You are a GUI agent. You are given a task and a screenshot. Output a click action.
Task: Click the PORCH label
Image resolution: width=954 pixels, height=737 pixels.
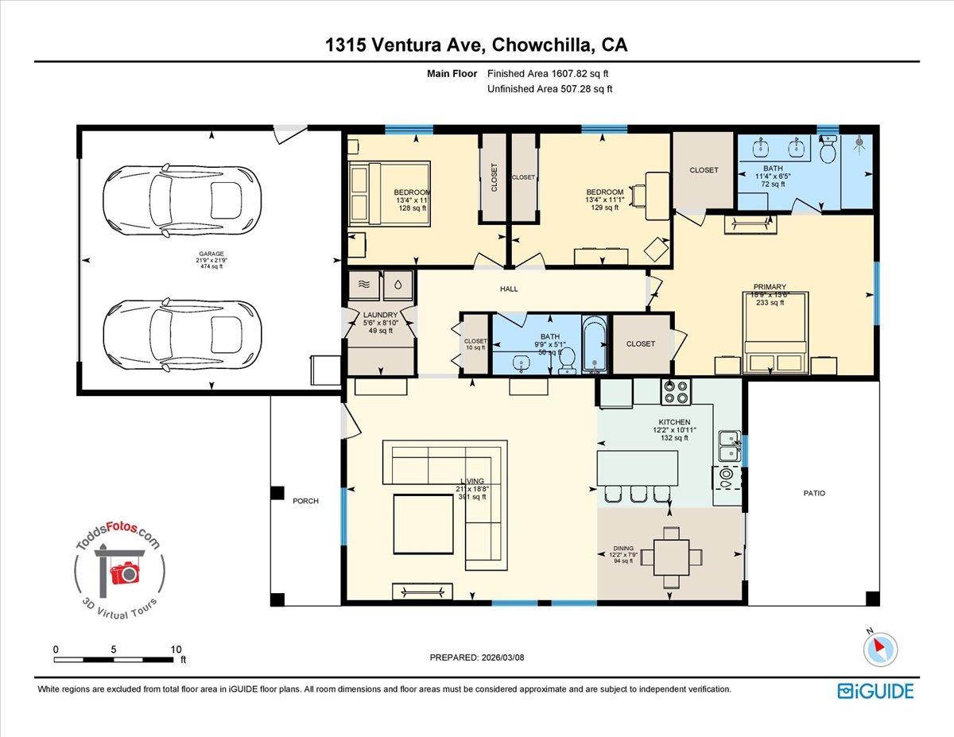305,501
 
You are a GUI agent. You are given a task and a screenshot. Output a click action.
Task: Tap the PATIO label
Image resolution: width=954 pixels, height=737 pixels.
813,493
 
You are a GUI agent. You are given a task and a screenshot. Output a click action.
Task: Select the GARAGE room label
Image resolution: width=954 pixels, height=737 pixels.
211,254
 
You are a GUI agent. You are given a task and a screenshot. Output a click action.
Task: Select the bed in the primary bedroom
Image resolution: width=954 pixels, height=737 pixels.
776,332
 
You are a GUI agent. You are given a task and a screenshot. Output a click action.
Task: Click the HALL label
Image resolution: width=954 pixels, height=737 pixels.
509,289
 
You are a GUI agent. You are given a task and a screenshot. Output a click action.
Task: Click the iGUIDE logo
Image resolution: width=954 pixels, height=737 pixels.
875,690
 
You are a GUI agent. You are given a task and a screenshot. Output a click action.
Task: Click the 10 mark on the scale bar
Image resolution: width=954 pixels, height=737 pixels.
176,649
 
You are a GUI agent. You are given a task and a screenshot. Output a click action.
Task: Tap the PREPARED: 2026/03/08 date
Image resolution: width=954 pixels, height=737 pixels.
476,657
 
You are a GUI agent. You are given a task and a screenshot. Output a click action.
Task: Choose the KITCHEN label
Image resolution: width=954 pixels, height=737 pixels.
673,421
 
